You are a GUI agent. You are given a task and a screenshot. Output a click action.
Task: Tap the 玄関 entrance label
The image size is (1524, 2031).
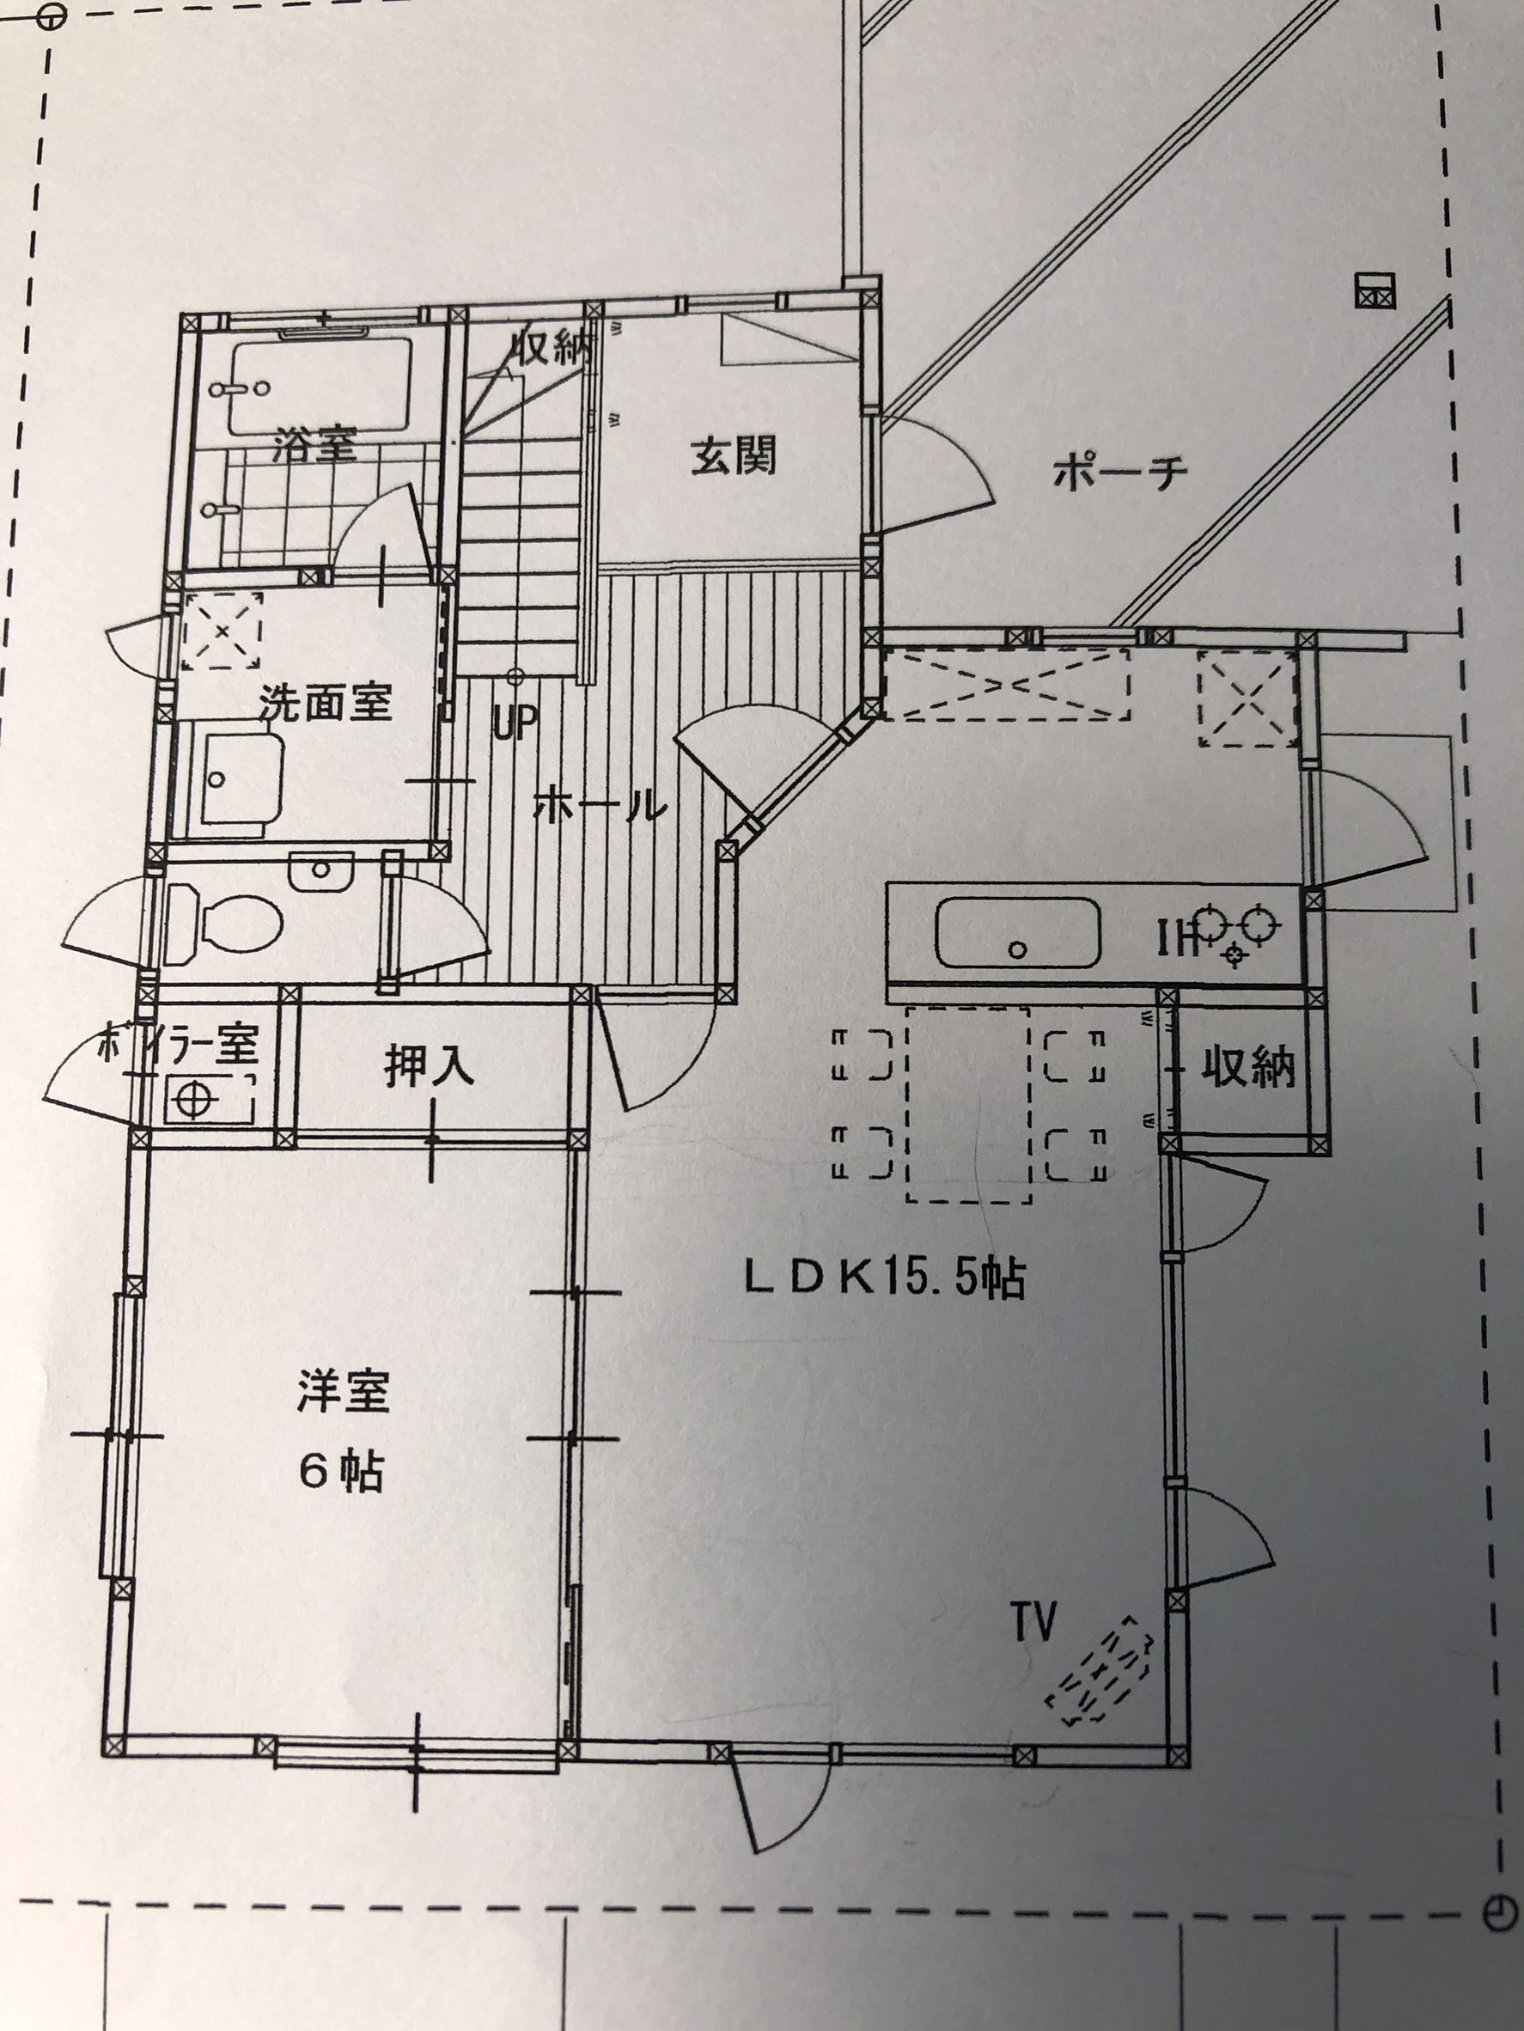pyautogui.click(x=734, y=455)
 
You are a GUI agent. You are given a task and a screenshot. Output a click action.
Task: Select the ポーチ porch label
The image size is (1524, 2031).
pyautogui.click(x=1120, y=473)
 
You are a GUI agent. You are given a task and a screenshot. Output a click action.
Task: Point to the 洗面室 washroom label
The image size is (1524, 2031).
pyautogui.click(x=325, y=703)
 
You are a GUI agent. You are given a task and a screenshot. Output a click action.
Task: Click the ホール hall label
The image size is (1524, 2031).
pyautogui.click(x=600, y=805)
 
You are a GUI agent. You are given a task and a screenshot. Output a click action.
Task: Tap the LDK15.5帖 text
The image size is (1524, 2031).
pyautogui.click(x=884, y=1278)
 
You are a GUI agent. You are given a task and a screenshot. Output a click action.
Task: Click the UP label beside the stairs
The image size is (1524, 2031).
pyautogui.click(x=514, y=723)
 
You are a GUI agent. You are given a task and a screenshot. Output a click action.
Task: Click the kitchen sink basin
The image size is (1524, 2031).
pyautogui.click(x=1017, y=932)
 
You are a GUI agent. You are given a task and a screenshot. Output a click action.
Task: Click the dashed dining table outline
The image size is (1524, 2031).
pyautogui.click(x=968, y=1104)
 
